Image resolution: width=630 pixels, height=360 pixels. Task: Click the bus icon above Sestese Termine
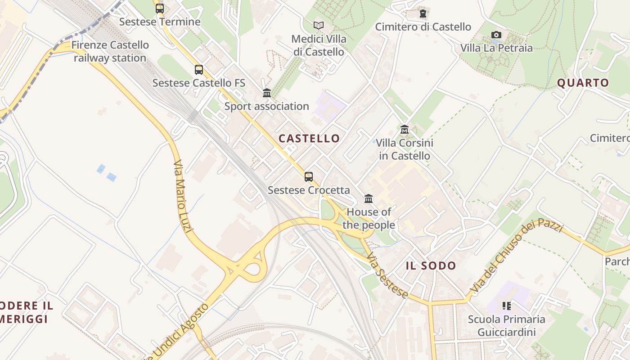point(159,8)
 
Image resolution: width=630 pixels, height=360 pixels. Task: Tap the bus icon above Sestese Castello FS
point(198,70)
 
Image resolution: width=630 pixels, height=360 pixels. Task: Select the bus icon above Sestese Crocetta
point(308,176)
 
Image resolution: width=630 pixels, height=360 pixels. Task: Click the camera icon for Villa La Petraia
point(496,35)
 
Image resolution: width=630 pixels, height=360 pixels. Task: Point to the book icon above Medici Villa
point(319,25)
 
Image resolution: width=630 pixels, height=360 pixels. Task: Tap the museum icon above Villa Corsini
point(404,130)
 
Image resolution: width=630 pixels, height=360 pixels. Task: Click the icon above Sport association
point(267,93)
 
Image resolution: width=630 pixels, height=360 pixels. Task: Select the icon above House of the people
point(369,198)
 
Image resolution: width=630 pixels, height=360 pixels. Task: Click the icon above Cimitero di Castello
point(423,13)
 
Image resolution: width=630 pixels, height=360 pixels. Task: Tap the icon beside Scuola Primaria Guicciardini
point(507,306)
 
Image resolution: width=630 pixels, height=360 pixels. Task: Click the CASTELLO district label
point(309,138)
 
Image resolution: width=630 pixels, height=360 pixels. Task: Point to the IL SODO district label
point(431,265)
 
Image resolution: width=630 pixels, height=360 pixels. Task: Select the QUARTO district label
point(583,83)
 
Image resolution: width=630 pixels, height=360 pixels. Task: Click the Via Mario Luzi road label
point(183,196)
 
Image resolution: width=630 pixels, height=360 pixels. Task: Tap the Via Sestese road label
point(387,275)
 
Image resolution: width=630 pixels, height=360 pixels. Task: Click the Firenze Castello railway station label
point(110,51)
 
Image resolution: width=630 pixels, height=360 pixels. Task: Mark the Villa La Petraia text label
point(496,48)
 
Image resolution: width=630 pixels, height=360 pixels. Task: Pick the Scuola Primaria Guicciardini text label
point(506,326)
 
